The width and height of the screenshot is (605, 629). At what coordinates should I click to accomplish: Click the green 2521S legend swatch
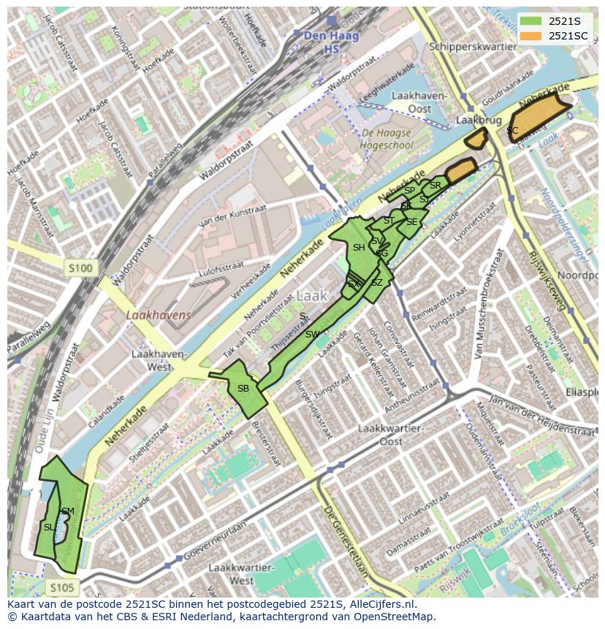530,21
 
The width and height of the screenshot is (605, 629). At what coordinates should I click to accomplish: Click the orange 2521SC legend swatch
530,36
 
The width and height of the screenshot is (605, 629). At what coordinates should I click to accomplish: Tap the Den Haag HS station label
321,42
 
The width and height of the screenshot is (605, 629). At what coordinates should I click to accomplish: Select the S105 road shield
62,587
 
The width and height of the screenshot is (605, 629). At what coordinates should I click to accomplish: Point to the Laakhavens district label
158,315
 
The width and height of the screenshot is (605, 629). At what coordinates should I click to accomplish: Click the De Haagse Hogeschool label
386,139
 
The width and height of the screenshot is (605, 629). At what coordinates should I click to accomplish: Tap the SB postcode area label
243,389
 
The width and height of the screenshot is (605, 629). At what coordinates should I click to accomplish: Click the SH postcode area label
359,248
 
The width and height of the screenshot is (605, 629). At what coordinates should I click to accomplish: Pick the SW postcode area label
313,335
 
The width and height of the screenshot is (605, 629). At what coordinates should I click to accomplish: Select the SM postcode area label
68,511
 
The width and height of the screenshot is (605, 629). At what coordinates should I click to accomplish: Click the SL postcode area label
49,527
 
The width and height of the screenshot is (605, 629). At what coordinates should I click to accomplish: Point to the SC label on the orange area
512,131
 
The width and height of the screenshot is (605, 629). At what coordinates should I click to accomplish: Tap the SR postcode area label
435,186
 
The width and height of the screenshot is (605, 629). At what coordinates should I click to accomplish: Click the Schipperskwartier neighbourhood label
463,46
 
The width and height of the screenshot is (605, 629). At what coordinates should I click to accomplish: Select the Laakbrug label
471,118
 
